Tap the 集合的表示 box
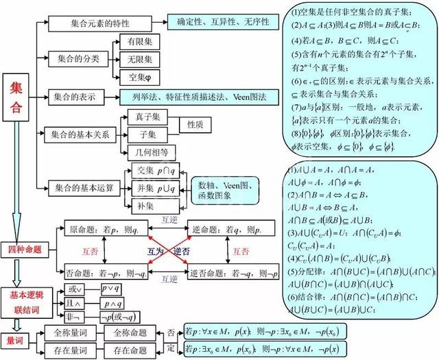click(x=82, y=95)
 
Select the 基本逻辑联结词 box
click(x=28, y=298)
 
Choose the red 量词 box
click(x=16, y=338)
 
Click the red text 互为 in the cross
click(x=156, y=252)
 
